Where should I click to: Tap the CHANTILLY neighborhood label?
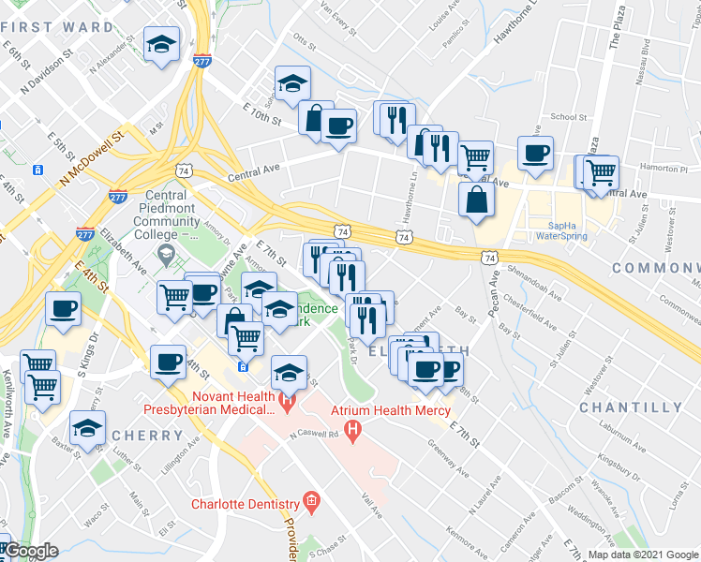[x=631, y=408]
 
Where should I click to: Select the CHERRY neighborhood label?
[x=147, y=436]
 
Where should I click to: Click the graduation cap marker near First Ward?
[x=162, y=44]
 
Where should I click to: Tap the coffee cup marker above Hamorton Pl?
[x=535, y=153]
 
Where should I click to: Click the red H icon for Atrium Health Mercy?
[x=353, y=433]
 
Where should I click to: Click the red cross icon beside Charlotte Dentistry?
[x=311, y=504]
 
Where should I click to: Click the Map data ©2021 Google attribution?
[x=643, y=555]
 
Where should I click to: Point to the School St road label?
[x=569, y=117]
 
